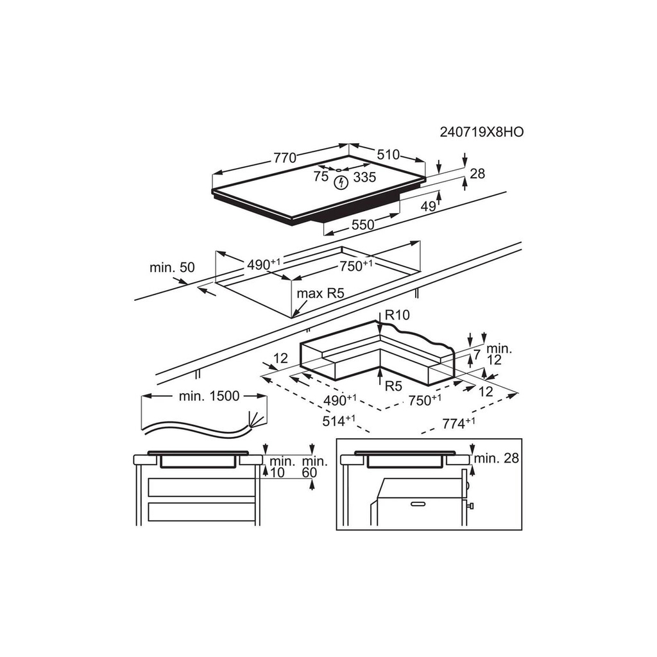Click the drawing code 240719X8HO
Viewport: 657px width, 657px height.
point(481,132)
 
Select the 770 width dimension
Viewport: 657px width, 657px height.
point(285,158)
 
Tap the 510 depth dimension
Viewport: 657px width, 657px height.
point(388,155)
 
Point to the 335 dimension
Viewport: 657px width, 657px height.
point(364,177)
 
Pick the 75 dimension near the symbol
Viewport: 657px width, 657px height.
point(321,176)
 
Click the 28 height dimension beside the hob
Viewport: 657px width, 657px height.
point(477,173)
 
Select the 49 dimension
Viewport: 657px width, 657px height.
point(428,206)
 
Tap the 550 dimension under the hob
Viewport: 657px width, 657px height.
point(363,225)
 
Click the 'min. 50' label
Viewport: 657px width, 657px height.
point(172,268)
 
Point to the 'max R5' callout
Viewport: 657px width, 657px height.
point(321,293)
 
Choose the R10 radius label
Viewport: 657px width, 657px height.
point(397,314)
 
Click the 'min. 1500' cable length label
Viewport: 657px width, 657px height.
point(209,396)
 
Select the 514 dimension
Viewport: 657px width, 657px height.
point(339,420)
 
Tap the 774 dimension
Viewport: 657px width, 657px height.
point(459,423)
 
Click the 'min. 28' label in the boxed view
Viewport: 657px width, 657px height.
point(497,458)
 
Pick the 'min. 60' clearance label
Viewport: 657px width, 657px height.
point(315,467)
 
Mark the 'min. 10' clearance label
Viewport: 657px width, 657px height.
point(282,467)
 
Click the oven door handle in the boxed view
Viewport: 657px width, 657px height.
point(418,504)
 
